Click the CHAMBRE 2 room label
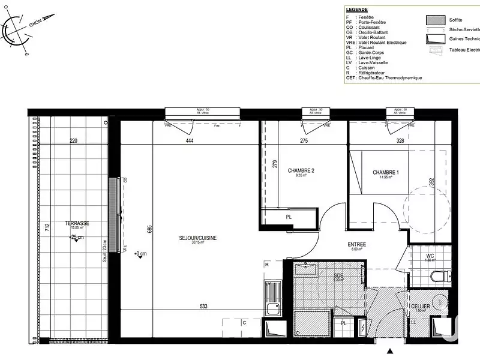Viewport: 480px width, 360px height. click(301, 170)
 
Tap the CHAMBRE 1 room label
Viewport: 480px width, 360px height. click(385, 173)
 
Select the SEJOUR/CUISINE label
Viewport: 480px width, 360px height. click(197, 238)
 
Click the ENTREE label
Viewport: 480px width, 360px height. click(358, 245)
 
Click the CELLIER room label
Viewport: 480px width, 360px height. click(421, 306)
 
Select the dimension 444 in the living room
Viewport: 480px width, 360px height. click(190, 141)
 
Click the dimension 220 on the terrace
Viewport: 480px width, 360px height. click(74, 141)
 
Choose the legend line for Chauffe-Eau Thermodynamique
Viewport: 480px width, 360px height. click(384, 78)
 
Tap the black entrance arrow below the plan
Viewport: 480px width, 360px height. click(391, 351)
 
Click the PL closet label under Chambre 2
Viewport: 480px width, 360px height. click(289, 217)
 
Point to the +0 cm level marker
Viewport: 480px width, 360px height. click(139, 253)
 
